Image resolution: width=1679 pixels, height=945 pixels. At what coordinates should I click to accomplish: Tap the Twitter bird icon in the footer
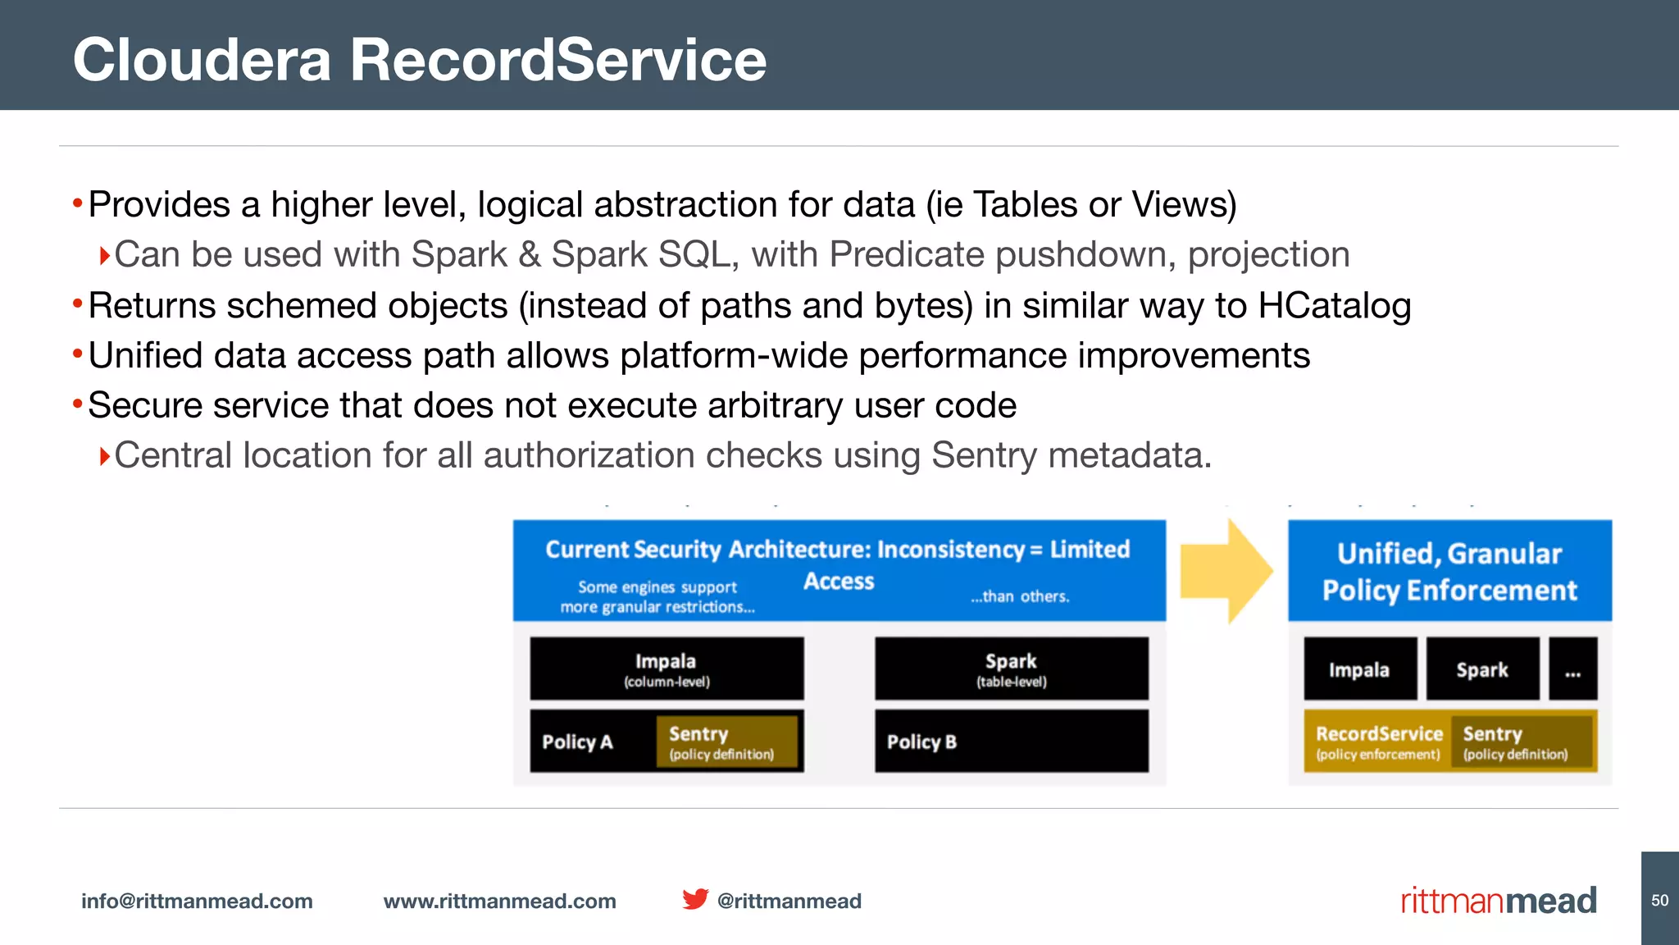point(695,899)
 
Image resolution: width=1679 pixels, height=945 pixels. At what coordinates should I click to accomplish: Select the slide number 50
point(1659,901)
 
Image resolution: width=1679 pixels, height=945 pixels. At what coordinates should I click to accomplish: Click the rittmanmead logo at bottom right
point(1498,901)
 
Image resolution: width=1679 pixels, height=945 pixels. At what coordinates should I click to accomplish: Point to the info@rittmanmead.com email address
point(197,901)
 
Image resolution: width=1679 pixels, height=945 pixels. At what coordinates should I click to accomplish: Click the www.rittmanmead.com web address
point(499,901)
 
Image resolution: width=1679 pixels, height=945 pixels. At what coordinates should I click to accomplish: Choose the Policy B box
point(1011,742)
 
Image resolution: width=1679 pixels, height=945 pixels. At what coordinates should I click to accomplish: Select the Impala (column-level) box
point(667,669)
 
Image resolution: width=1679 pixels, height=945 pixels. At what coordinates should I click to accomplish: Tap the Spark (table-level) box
point(1011,669)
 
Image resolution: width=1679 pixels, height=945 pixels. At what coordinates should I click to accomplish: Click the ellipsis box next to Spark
point(1572,669)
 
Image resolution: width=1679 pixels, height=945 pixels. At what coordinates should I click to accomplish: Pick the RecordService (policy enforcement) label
point(1378,742)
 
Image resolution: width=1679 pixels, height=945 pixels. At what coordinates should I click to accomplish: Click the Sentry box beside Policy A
point(726,742)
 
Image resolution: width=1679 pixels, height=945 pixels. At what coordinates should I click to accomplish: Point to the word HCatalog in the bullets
point(1334,306)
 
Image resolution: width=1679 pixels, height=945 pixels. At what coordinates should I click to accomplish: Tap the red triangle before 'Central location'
point(104,456)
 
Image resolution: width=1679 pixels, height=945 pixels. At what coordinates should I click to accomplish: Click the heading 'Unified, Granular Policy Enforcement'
point(1449,572)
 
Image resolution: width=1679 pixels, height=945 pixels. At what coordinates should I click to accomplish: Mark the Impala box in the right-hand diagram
point(1359,669)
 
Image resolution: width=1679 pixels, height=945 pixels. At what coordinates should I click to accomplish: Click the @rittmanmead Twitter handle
point(789,901)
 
